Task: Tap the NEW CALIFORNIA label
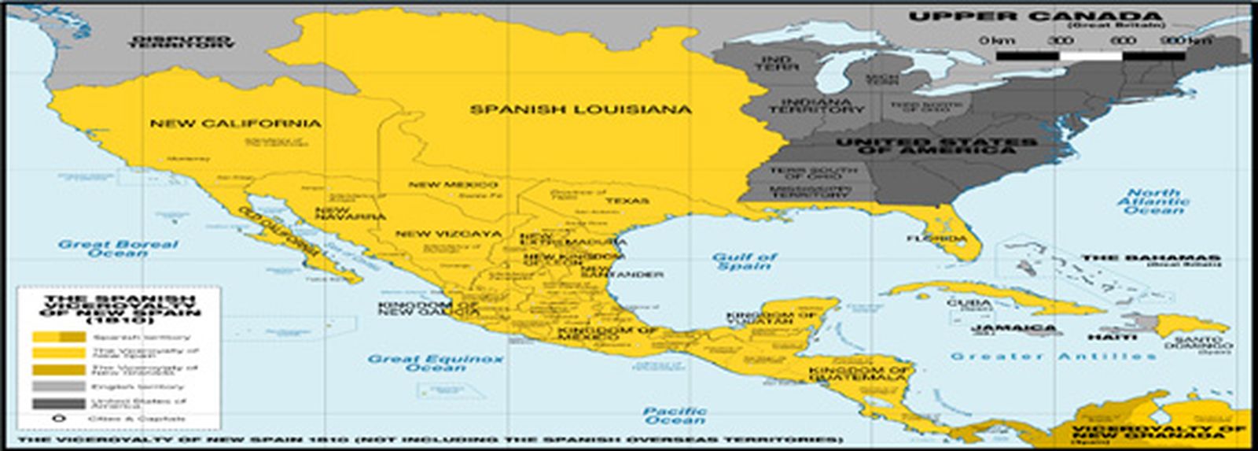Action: (x=235, y=124)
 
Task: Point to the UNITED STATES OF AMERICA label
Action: (x=936, y=146)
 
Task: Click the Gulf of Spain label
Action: (x=744, y=261)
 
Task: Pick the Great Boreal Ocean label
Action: (x=118, y=249)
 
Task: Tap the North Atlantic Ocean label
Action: (x=1153, y=201)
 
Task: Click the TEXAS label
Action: (x=627, y=201)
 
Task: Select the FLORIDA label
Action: (x=936, y=238)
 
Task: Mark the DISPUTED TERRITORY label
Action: (x=180, y=42)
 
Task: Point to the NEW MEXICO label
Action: (x=453, y=185)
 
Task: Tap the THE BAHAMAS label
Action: (x=1151, y=258)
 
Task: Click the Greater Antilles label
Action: (x=1053, y=357)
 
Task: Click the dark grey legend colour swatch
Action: (x=57, y=403)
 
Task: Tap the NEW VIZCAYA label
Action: (x=447, y=234)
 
